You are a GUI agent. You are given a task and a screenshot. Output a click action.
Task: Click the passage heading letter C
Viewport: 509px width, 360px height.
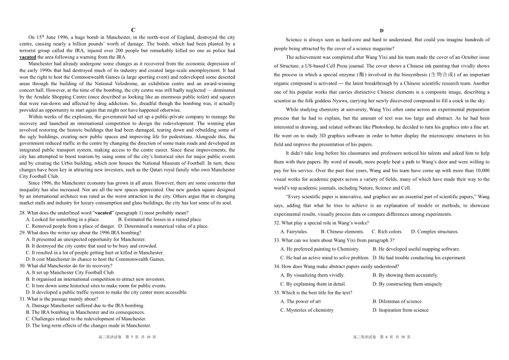133,30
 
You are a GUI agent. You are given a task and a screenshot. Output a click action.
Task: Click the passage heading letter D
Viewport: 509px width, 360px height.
381,31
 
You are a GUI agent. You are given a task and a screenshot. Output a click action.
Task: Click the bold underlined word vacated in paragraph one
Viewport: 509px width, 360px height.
28,57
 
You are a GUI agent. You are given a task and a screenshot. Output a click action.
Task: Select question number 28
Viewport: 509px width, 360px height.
23,213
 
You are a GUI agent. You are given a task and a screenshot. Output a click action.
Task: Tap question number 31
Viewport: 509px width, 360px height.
23,299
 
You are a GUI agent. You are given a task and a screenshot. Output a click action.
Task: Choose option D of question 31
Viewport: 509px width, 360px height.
88,325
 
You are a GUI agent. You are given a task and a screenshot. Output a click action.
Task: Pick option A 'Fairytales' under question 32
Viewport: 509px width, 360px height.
294,231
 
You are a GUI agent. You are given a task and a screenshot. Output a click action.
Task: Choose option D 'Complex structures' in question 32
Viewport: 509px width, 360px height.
435,231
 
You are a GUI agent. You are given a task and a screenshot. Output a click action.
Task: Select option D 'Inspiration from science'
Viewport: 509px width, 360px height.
400,310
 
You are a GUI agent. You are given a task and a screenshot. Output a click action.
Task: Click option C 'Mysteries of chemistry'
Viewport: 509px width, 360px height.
306,310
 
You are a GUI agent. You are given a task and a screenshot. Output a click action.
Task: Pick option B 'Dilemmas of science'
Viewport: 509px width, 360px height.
397,301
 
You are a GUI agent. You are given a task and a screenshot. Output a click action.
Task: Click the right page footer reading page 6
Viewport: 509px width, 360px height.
381,337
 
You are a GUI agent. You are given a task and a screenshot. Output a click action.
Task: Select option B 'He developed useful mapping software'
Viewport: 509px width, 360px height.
416,249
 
